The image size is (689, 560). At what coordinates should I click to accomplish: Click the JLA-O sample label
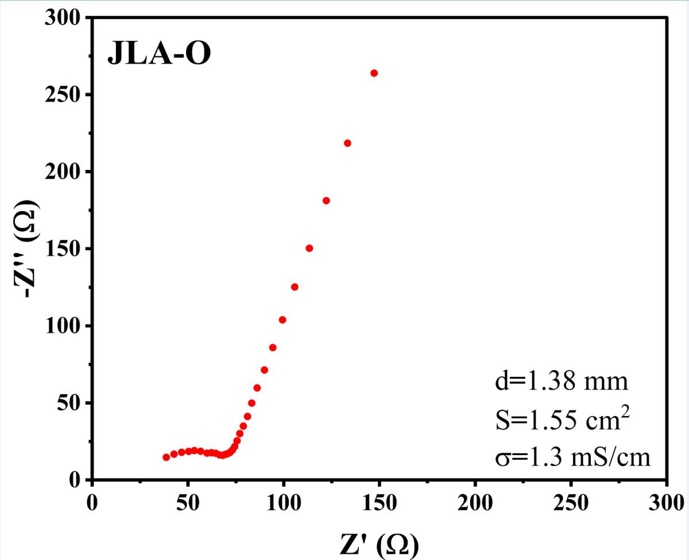click(159, 53)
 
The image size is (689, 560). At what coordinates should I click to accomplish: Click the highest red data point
click(374, 73)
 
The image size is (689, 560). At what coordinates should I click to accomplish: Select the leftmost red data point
click(167, 457)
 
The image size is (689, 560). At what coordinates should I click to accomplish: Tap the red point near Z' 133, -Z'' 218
click(347, 143)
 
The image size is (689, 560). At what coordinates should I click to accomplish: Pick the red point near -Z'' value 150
click(309, 248)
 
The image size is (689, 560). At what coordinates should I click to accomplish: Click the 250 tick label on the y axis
click(62, 95)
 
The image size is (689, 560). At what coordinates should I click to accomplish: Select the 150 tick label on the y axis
click(62, 249)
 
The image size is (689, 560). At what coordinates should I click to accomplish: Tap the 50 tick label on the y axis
click(68, 403)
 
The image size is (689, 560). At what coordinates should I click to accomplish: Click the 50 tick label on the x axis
click(188, 503)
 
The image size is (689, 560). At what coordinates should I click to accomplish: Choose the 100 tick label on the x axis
click(284, 503)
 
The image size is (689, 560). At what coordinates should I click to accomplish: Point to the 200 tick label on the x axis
click(475, 503)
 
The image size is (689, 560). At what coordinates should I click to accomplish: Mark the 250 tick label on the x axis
click(571, 503)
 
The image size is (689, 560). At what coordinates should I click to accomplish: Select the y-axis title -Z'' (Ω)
click(26, 248)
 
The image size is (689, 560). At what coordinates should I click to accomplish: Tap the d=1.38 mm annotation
click(562, 382)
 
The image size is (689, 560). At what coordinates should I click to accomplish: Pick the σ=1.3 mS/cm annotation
click(572, 458)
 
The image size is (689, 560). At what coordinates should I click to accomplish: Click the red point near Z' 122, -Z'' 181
click(326, 201)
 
